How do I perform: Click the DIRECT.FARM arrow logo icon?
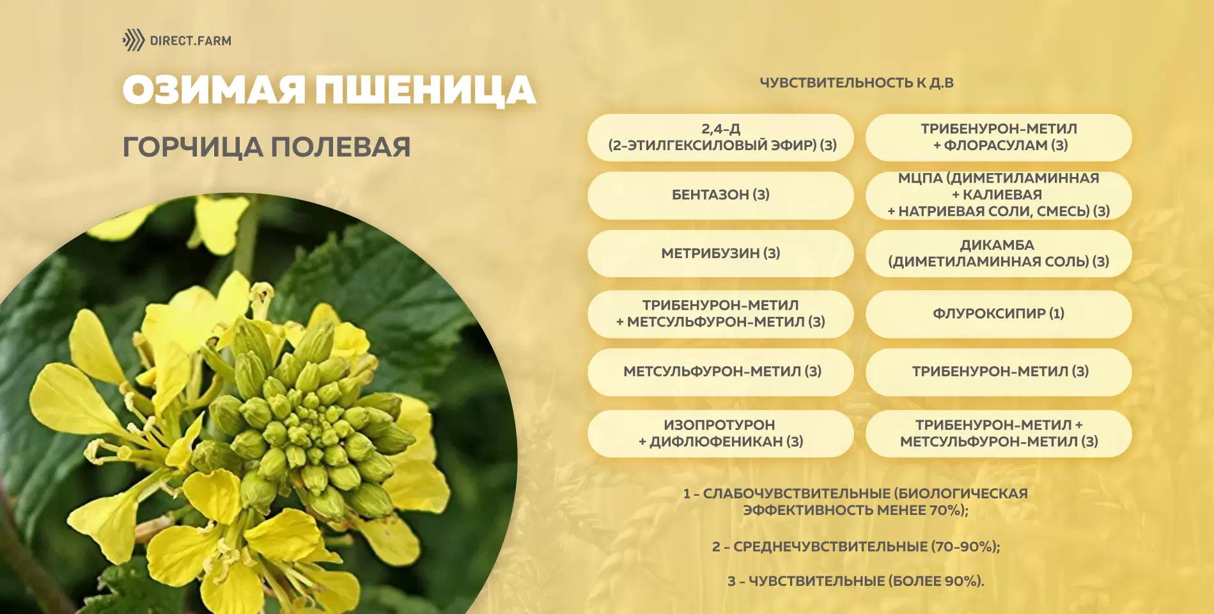click(x=133, y=40)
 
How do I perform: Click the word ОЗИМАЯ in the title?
click(x=214, y=89)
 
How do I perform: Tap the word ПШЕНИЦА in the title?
click(x=425, y=89)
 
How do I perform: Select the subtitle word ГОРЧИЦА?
click(x=192, y=147)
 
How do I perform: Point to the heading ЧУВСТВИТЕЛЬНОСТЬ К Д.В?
click(x=856, y=82)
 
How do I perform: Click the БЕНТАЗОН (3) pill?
click(x=720, y=195)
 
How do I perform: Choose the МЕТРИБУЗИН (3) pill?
click(x=720, y=253)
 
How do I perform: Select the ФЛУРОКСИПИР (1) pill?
click(x=998, y=314)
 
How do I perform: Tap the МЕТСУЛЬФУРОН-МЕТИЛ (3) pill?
click(x=720, y=371)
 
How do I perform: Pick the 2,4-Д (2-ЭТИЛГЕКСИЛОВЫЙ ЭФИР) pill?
click(x=720, y=137)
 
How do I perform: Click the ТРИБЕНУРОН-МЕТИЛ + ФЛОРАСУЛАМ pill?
click(x=998, y=137)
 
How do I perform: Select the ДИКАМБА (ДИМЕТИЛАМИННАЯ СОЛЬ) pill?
click(x=998, y=253)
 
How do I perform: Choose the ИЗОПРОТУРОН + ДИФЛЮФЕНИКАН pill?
click(x=720, y=433)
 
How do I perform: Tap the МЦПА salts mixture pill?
click(x=998, y=195)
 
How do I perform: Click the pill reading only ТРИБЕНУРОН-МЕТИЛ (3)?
click(x=998, y=371)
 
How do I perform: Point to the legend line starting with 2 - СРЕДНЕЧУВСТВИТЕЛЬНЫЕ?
click(x=856, y=546)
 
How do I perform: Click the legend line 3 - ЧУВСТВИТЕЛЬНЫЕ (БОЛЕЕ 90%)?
click(x=856, y=581)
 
